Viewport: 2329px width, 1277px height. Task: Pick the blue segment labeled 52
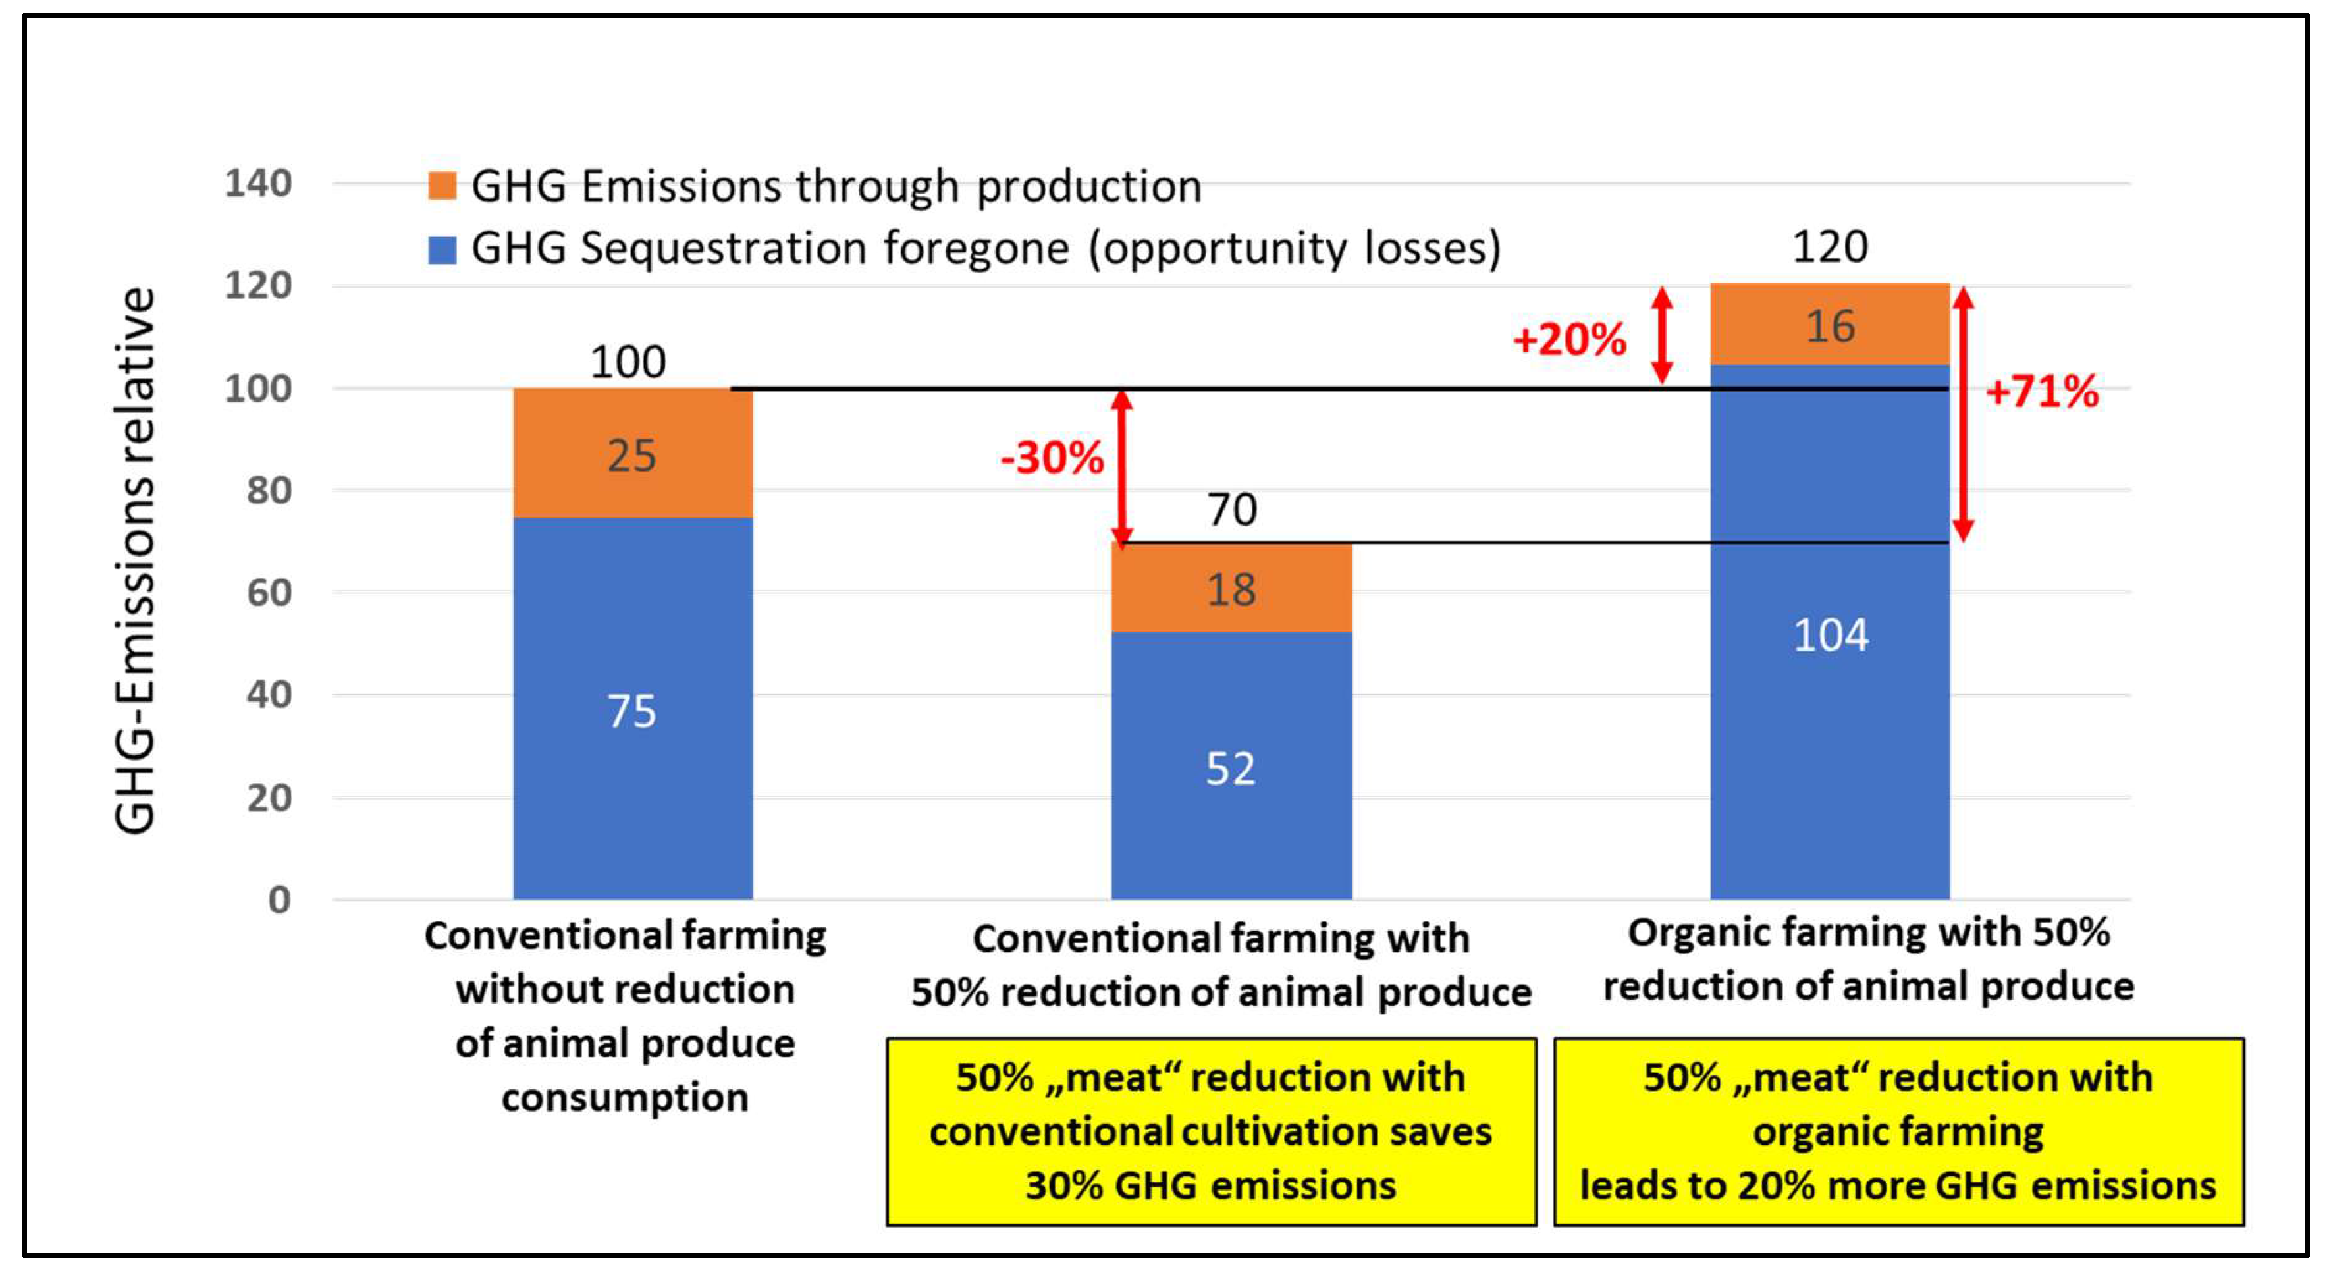coord(1231,766)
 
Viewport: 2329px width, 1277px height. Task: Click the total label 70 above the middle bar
coord(1231,509)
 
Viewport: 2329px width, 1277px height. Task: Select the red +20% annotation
coord(1570,339)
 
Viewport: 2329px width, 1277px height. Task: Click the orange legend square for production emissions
coord(442,186)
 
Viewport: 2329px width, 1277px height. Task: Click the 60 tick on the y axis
coord(269,592)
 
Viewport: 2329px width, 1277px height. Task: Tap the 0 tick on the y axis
coord(279,900)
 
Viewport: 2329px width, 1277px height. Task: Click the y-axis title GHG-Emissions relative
coord(136,560)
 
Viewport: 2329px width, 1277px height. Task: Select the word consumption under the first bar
coord(625,1098)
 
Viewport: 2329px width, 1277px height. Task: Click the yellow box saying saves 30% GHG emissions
coord(1211,1131)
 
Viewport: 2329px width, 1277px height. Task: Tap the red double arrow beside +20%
coord(1662,335)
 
